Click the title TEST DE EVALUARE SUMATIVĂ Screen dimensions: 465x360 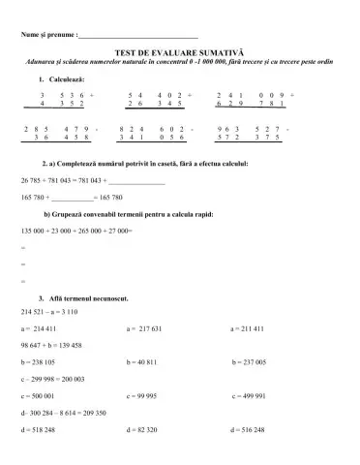(x=181, y=54)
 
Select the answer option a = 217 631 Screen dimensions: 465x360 (x=150, y=328)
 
